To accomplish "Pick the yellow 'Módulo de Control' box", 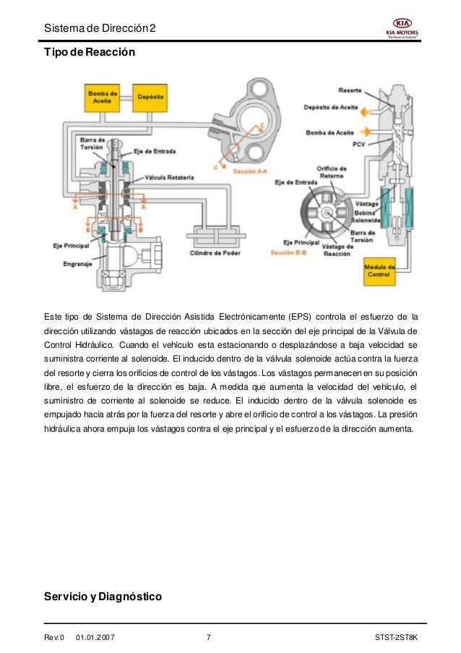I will (379, 270).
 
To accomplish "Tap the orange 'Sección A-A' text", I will (251, 171).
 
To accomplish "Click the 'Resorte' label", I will (350, 90).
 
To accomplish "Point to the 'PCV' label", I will (358, 145).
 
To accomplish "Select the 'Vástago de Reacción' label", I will (337, 250).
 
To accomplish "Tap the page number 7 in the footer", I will (209, 637).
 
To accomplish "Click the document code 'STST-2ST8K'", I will (401, 637).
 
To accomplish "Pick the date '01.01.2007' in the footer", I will (99, 637).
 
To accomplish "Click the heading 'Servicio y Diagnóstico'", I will (103, 597).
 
